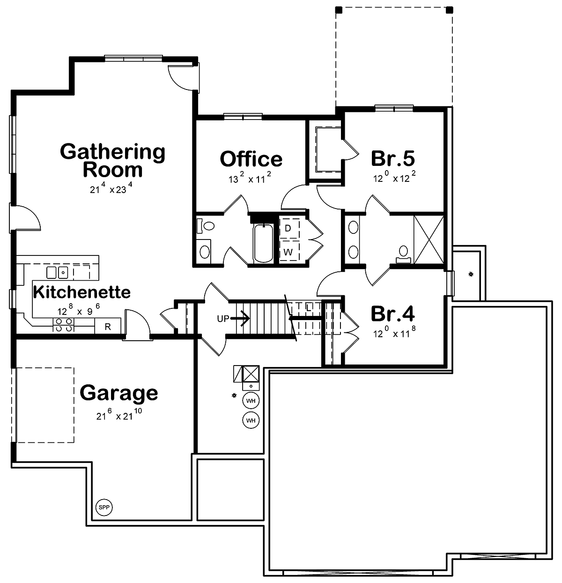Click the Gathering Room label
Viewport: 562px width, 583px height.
point(112,160)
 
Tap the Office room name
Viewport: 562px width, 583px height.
point(251,159)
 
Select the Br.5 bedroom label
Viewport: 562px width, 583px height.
point(393,158)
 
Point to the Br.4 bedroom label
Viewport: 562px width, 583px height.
point(393,314)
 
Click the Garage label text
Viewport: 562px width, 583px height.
point(118,394)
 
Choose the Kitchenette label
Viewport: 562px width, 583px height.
point(82,292)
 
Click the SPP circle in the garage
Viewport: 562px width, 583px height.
point(104,508)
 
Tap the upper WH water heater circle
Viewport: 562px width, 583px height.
point(251,401)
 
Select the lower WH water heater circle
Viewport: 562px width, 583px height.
point(251,420)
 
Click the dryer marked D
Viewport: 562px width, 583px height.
point(289,228)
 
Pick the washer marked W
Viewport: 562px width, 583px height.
point(289,251)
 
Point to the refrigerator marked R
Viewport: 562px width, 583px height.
point(108,326)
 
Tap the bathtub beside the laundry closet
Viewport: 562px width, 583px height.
point(263,243)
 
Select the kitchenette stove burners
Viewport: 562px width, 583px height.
point(63,325)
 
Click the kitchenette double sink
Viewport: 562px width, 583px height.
point(57,273)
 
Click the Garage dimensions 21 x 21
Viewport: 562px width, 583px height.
point(119,414)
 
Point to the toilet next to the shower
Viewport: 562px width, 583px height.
point(403,254)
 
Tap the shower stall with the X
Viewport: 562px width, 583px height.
point(429,239)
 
